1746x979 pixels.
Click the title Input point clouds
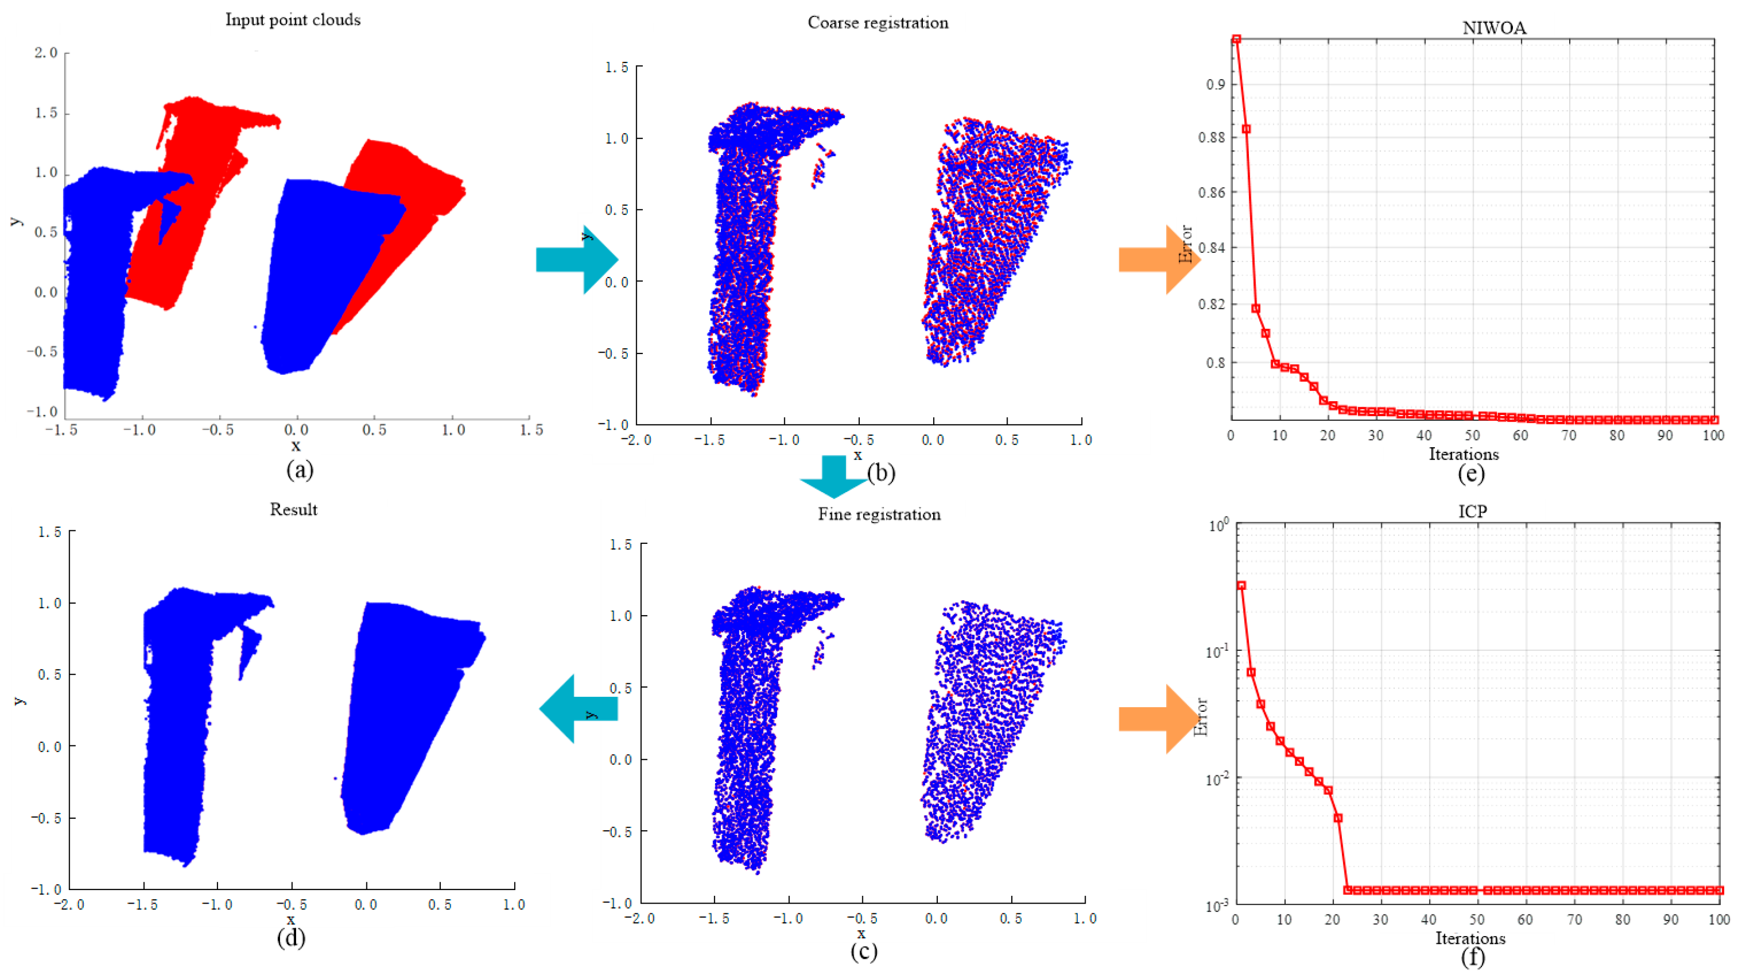click(x=293, y=20)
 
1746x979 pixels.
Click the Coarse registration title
click(x=878, y=22)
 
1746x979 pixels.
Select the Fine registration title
click(x=879, y=514)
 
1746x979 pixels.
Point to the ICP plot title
click(x=1472, y=511)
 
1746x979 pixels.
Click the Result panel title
click(x=293, y=509)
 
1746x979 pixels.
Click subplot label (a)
click(x=300, y=469)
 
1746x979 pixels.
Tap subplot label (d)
click(x=291, y=938)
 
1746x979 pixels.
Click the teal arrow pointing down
click(x=833, y=476)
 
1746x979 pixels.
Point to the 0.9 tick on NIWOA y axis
click(x=1215, y=84)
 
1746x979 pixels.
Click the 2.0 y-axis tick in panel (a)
click(x=46, y=53)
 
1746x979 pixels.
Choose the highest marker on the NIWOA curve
click(x=1237, y=39)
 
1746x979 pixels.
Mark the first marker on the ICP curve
click(x=1241, y=585)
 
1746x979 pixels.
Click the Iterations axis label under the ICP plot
click(x=1470, y=938)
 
